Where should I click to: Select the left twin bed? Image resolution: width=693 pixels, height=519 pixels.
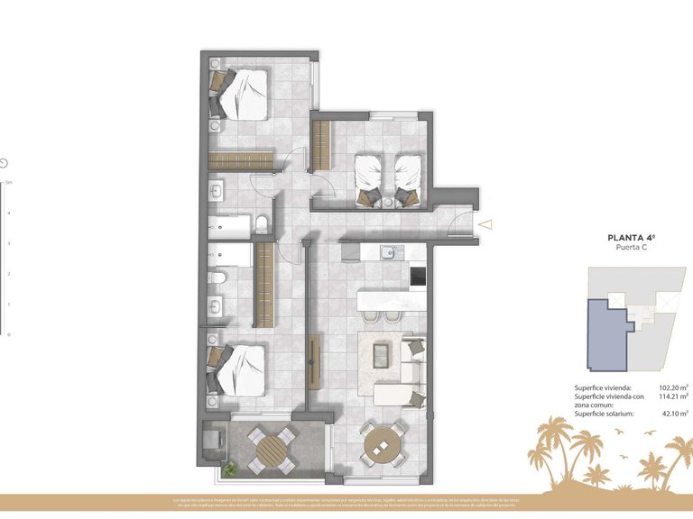pos(369,177)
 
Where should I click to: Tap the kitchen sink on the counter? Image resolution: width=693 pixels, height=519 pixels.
pos(389,251)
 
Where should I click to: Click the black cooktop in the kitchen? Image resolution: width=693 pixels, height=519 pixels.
pos(418,278)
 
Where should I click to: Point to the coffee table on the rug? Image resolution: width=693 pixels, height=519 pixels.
pos(382,354)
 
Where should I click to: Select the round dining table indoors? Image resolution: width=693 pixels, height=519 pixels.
pos(384,444)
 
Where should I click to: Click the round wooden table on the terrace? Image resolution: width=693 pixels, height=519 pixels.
pos(271,450)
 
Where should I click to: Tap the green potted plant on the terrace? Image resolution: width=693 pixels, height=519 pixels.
pos(232,469)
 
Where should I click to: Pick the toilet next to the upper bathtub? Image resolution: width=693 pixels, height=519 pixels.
pos(261,223)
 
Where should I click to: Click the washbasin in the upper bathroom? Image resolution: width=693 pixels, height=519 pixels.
pos(217,191)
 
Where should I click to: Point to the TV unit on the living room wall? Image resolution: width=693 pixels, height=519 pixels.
pos(313,361)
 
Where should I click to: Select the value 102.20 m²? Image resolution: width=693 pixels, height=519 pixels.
pos(672,387)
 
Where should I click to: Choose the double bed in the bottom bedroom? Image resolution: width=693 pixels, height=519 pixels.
pos(238,369)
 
